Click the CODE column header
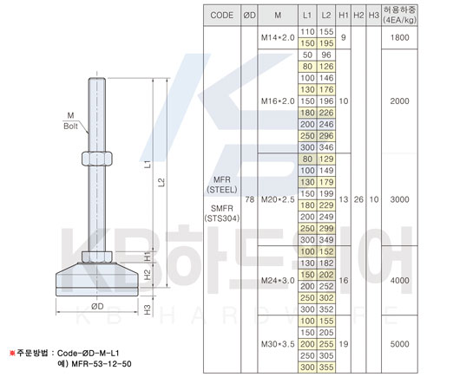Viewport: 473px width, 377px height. tap(221, 16)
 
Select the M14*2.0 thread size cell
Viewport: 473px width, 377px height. tap(278, 37)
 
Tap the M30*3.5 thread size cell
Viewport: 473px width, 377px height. tap(278, 344)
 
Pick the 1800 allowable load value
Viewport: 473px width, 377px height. tap(399, 37)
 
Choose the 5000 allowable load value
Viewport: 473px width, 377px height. tap(399, 344)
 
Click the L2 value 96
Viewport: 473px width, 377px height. tap(326, 55)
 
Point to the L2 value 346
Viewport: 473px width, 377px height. tap(326, 147)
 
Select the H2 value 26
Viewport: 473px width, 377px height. tap(358, 199)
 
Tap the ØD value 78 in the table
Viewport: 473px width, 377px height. tap(249, 199)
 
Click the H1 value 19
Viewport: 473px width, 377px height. tap(344, 344)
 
